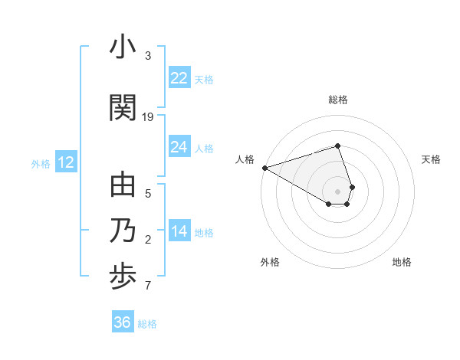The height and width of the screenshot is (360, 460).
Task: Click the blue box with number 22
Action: [x=179, y=78]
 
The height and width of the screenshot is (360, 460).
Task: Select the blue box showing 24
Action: [x=179, y=147]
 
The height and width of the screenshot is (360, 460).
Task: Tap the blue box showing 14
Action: [x=179, y=231]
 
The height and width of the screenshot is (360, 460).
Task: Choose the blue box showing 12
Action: [x=66, y=162]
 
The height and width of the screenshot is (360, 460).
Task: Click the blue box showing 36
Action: [x=122, y=322]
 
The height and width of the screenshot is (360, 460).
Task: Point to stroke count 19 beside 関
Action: [x=148, y=117]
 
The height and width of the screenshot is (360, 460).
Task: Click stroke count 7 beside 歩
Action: [x=148, y=286]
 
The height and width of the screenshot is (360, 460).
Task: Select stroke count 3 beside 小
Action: [x=148, y=56]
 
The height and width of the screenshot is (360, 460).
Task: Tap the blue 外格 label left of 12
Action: [x=41, y=163]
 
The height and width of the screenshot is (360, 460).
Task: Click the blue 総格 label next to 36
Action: [x=147, y=324]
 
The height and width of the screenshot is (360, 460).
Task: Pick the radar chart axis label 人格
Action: [x=245, y=159]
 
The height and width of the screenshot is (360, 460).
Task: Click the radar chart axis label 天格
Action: [x=432, y=159]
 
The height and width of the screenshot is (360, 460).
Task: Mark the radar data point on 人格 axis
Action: [x=264, y=168]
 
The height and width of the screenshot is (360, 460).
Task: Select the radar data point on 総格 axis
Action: [x=338, y=146]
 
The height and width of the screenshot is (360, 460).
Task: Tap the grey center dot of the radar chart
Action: [x=338, y=191]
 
